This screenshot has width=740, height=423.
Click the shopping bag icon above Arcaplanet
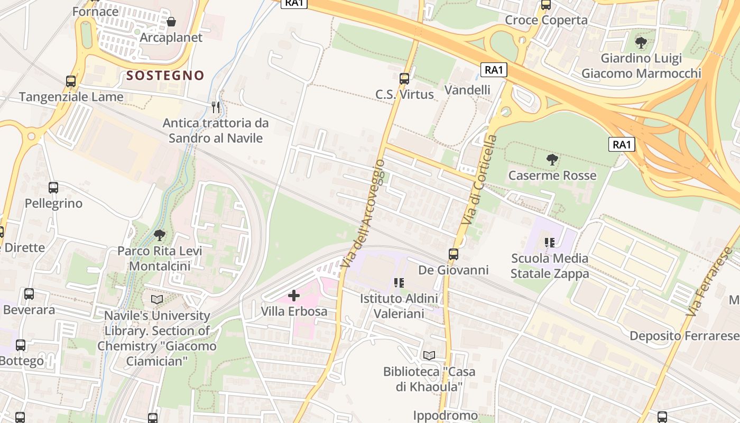171,22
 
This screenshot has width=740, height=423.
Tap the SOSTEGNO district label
165,76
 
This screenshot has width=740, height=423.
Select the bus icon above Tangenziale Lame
71,81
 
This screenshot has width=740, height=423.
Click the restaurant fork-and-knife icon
215,107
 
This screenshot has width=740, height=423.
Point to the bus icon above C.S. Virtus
404,79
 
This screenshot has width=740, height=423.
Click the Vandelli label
467,90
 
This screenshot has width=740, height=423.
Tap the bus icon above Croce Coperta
546,5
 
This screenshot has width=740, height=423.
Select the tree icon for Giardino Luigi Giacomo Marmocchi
641,43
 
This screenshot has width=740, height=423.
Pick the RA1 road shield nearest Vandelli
494,70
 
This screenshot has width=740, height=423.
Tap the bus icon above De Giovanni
454,254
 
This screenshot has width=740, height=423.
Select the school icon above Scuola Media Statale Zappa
550,243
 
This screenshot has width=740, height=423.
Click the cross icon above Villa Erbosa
294,296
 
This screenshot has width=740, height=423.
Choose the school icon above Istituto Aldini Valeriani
399,283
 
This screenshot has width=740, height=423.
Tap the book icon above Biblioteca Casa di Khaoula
429,355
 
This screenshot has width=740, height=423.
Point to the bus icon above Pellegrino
53,188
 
